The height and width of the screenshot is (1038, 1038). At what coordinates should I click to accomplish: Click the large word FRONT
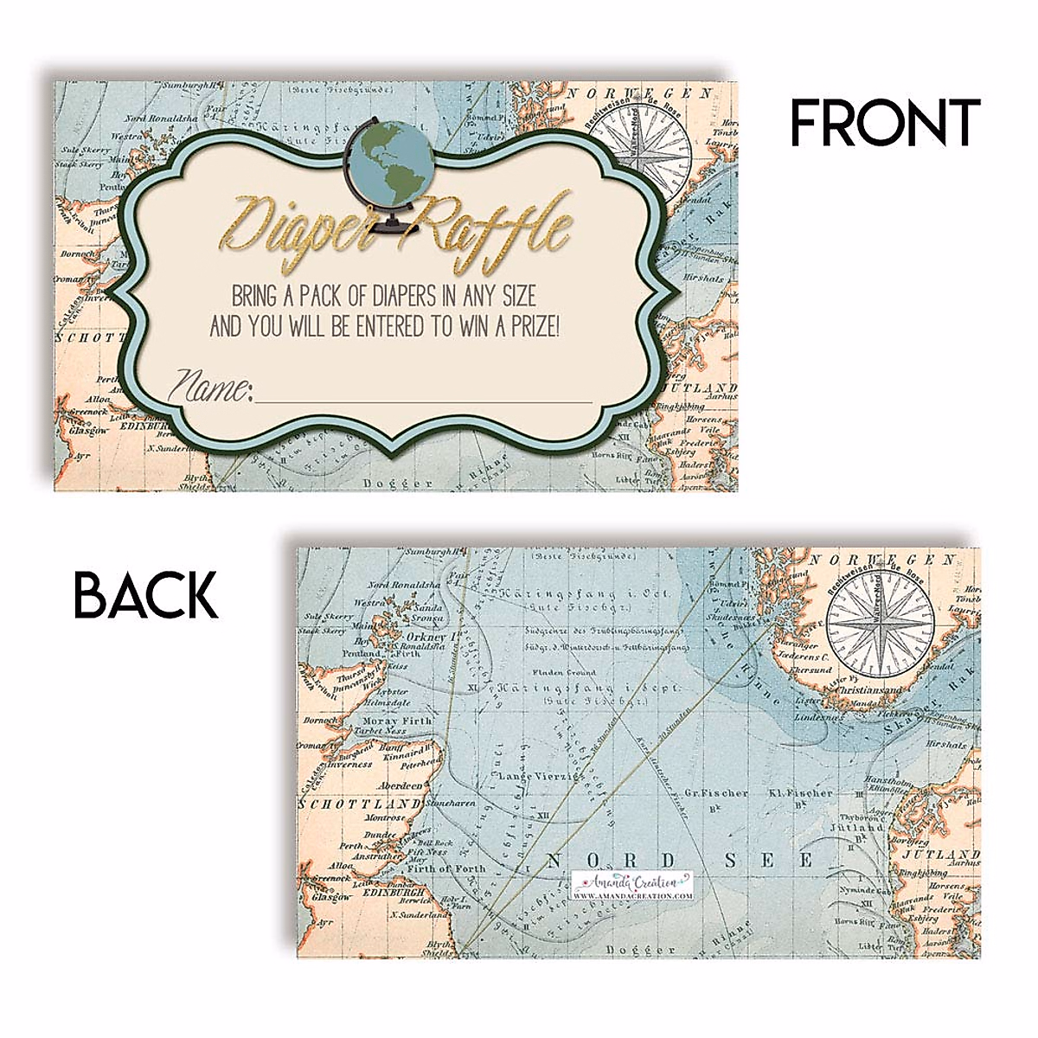click(x=885, y=122)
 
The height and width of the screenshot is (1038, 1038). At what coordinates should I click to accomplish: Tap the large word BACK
click(x=145, y=595)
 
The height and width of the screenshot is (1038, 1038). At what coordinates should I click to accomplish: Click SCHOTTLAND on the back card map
click(x=351, y=804)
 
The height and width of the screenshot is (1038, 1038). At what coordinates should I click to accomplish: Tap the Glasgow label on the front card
click(x=89, y=430)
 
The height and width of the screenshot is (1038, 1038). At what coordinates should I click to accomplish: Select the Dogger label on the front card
click(x=392, y=482)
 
